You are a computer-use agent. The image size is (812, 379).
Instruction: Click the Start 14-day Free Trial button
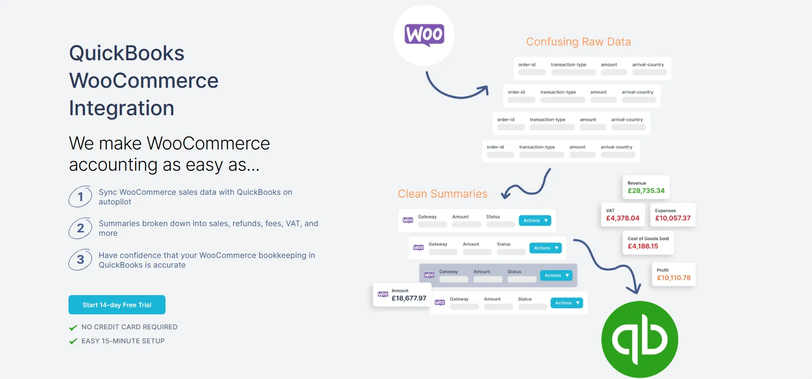(117, 305)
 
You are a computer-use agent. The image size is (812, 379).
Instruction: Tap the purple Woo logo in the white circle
(424, 35)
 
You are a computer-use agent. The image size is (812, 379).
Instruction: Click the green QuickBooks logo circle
(640, 339)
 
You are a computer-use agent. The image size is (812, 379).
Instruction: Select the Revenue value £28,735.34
(646, 191)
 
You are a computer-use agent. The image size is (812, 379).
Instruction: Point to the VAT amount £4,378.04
(622, 218)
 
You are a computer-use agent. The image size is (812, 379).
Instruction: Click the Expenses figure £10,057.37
(673, 218)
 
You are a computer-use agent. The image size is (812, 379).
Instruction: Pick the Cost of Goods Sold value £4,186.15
(643, 246)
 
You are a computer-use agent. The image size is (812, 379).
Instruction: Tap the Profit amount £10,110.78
(674, 278)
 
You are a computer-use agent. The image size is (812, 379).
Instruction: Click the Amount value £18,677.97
(409, 298)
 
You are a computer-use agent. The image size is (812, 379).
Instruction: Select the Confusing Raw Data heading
(578, 42)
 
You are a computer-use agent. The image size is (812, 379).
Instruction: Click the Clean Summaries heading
(442, 194)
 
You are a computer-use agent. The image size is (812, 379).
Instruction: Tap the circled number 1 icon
(81, 197)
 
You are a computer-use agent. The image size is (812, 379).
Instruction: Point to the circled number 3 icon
(81, 260)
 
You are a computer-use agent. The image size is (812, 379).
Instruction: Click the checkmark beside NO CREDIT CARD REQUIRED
(73, 327)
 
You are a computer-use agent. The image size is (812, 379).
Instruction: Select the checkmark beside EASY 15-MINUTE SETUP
(73, 341)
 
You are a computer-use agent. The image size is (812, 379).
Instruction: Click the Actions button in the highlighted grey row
(556, 275)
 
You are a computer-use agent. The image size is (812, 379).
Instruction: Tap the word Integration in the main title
(122, 108)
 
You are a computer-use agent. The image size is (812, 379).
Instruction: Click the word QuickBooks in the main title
(126, 53)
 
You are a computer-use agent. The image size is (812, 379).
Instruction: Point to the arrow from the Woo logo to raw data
(454, 89)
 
